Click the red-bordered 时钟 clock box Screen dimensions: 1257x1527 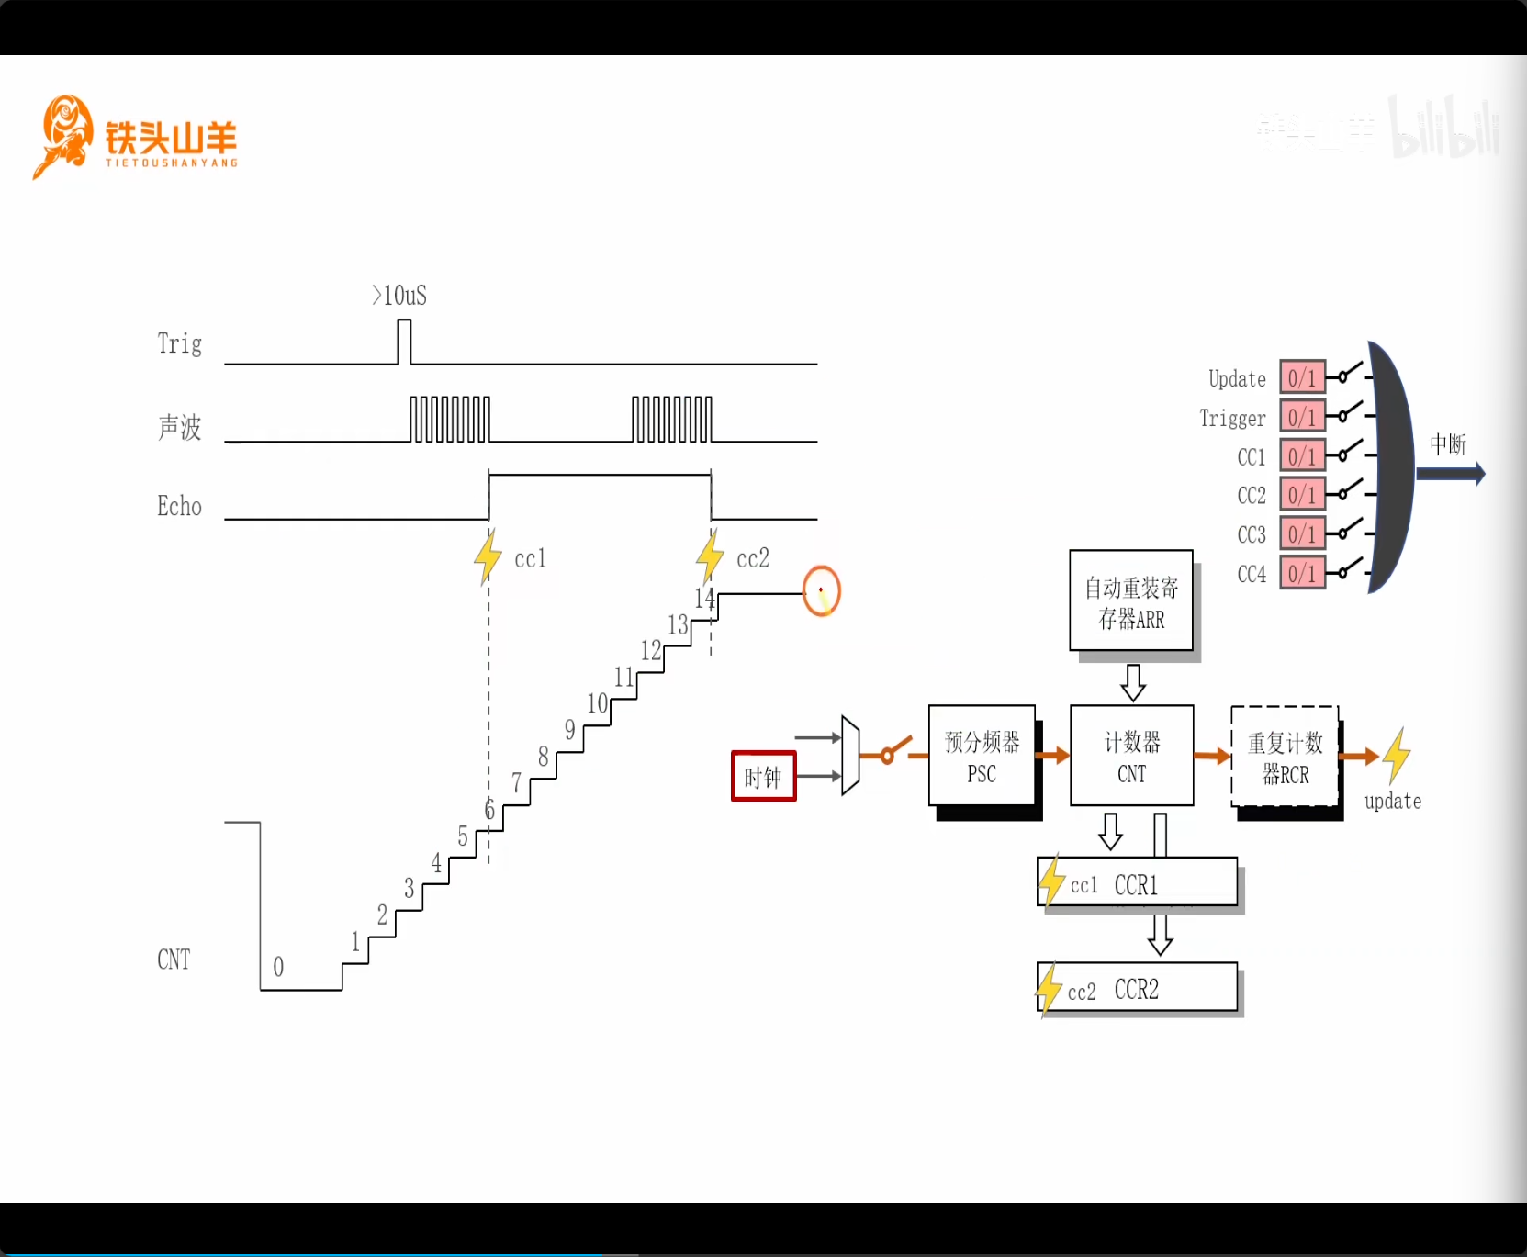[x=763, y=777]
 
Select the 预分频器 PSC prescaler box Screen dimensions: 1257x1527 [x=982, y=756]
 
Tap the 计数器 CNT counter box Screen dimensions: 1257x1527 [x=1131, y=756]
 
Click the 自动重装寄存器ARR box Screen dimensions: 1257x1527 [x=1131, y=601]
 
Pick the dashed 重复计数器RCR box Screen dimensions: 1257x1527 [x=1285, y=757]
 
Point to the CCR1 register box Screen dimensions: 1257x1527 [x=1138, y=882]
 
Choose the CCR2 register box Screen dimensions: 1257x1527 [x=1138, y=988]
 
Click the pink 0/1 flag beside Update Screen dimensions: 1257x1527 [x=1302, y=377]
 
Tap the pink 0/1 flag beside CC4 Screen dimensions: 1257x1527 [x=1302, y=573]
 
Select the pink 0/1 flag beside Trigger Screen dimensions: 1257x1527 [x=1302, y=417]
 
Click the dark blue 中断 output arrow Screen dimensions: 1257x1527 [x=1450, y=474]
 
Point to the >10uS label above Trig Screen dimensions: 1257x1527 [x=399, y=296]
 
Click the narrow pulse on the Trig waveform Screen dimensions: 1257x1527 [x=404, y=342]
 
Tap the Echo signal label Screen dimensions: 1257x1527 [x=179, y=506]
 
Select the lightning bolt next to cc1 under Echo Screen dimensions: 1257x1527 [x=488, y=556]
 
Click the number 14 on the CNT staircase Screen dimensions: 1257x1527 [x=704, y=599]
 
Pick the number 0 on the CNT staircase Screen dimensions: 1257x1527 [x=278, y=967]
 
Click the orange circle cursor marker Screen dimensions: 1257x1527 [x=821, y=591]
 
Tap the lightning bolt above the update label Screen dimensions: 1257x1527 [x=1396, y=755]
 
